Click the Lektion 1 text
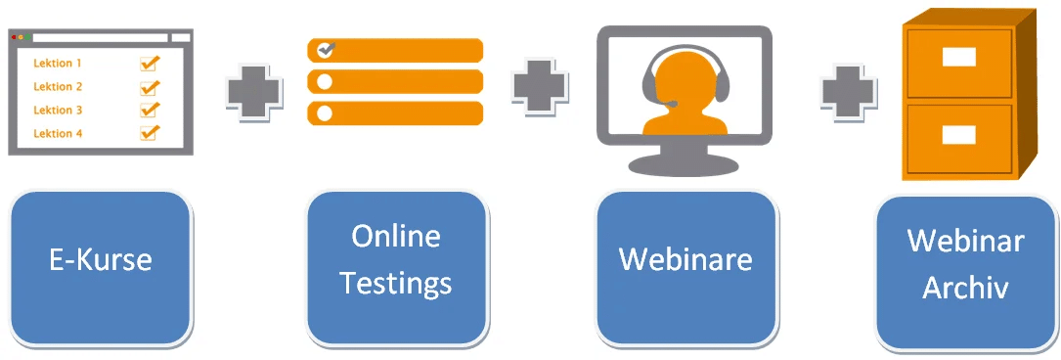58,64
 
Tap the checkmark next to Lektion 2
150,87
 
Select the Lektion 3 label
58,111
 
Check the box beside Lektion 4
150,133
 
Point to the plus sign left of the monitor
540,85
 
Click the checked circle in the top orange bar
326,49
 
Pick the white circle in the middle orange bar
325,81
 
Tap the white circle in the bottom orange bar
325,113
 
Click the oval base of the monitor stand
684,163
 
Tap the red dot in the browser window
14,37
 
